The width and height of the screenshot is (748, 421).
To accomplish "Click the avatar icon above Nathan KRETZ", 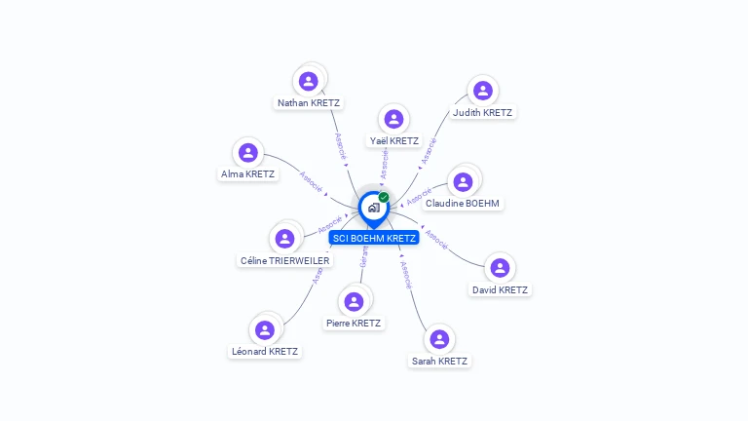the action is (309, 81).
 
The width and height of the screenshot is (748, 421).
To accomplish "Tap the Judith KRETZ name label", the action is (482, 112).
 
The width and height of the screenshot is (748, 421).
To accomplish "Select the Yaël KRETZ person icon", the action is (393, 119).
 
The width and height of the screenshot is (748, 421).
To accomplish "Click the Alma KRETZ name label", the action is (247, 174).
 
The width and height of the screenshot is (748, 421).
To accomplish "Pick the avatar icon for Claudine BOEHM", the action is (463, 181).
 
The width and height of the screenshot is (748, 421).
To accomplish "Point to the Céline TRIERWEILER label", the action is (285, 260).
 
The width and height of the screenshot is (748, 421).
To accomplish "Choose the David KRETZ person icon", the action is (500, 268).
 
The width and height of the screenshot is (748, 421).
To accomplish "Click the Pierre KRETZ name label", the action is (354, 323).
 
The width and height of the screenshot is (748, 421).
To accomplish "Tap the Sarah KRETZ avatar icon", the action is (439, 339).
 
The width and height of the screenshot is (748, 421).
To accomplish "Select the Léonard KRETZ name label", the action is (265, 351).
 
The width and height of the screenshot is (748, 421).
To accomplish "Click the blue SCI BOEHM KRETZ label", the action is (374, 238).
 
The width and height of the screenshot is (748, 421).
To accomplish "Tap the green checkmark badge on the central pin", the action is (384, 198).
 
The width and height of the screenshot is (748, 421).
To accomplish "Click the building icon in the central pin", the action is (373, 208).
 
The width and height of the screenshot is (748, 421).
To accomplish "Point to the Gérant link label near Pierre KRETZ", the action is (365, 256).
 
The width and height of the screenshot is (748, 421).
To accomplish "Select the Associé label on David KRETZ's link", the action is (436, 240).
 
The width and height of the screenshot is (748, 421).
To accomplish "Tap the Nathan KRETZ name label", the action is (309, 102).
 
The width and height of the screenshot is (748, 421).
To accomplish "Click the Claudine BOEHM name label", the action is (463, 203).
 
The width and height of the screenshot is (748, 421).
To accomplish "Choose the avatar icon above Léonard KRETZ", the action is (265, 329).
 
